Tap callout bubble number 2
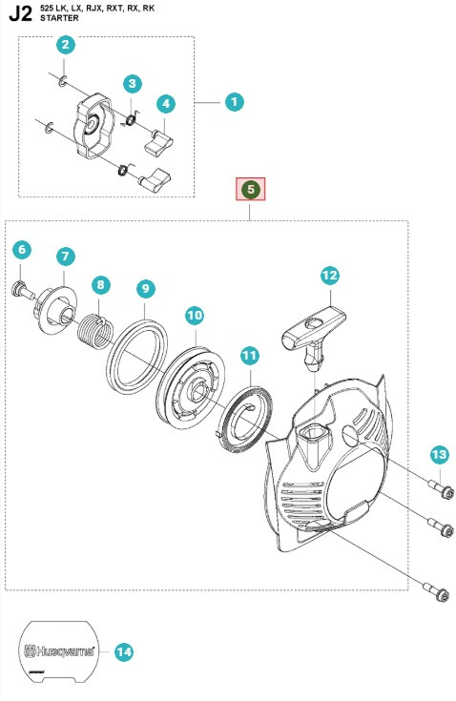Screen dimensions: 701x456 tap(65, 44)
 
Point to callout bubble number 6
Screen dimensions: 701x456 tap(22, 250)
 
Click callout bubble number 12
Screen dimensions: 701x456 tap(329, 276)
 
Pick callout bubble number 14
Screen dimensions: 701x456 tap(123, 652)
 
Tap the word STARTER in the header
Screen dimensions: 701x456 tap(59, 17)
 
